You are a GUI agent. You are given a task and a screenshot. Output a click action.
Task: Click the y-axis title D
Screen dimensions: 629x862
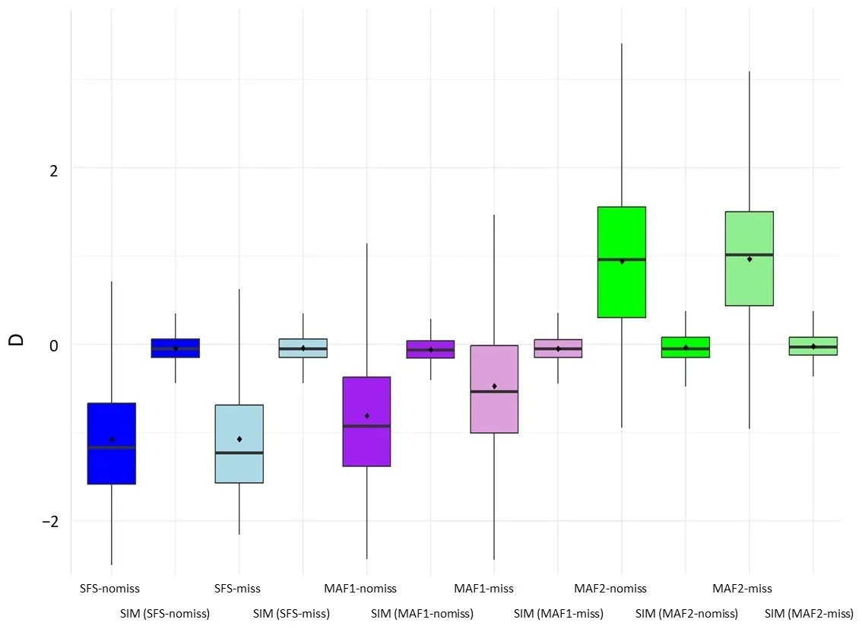(16, 338)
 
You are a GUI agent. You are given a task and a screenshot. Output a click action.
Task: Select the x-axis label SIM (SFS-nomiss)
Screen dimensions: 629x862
(165, 614)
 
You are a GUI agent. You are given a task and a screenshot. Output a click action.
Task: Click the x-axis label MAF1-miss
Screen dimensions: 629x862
(483, 589)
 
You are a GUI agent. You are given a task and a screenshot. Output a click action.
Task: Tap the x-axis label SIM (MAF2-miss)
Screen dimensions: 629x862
(809, 614)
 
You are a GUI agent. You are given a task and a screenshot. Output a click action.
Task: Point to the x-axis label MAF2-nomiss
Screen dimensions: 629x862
(610, 589)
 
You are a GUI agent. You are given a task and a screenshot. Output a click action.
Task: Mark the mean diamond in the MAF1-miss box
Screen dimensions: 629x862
(494, 386)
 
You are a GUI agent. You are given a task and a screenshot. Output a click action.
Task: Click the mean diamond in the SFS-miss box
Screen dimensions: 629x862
(239, 439)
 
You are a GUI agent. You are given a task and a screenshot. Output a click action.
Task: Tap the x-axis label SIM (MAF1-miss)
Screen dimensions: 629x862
(559, 614)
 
